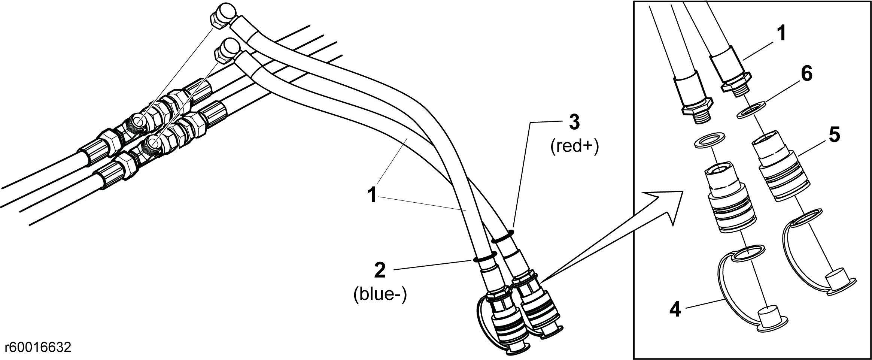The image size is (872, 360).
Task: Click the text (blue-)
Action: (x=380, y=295)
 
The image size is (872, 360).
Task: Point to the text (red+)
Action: (x=575, y=146)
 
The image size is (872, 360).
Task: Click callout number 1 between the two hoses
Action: (x=372, y=195)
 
